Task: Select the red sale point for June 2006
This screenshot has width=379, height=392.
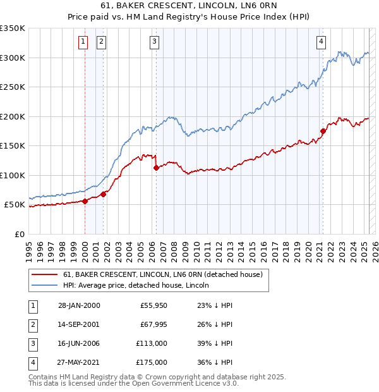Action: point(156,168)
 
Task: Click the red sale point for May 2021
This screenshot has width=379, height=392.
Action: point(323,132)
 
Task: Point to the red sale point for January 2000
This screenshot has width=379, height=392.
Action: point(85,201)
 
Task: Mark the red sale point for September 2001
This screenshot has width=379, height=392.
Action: point(104,194)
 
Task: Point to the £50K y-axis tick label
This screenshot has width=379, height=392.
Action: point(15,205)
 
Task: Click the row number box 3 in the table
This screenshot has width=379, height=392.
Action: point(32,344)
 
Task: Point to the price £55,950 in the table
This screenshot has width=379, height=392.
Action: point(153,306)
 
